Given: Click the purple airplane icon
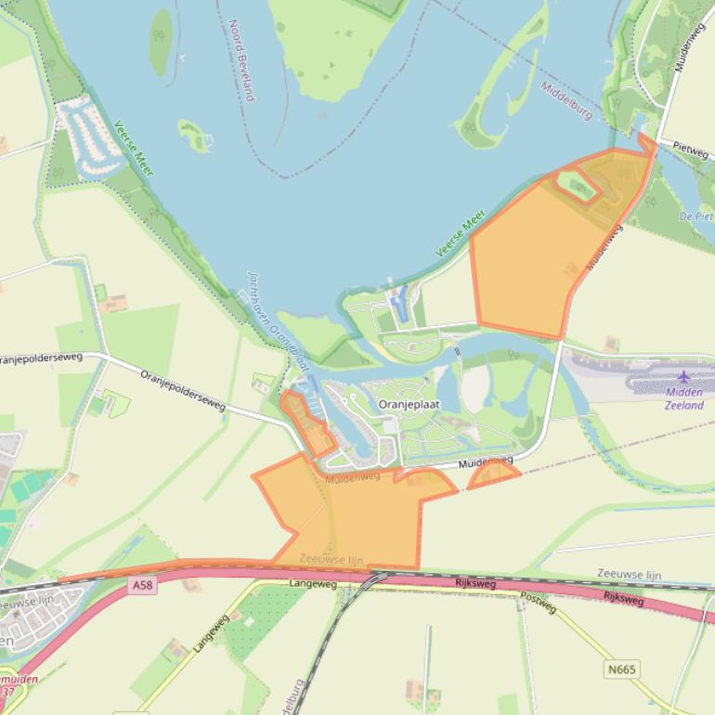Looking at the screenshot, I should click(684, 376).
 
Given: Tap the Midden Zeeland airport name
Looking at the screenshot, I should click(684, 399).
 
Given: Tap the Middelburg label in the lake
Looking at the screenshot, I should click(566, 100).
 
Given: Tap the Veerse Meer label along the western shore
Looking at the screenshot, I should click(134, 148).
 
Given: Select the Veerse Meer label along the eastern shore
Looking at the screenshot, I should click(461, 233).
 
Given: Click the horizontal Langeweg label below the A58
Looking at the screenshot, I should click(313, 583).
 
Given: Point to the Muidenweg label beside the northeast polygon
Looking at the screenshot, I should click(604, 247).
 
